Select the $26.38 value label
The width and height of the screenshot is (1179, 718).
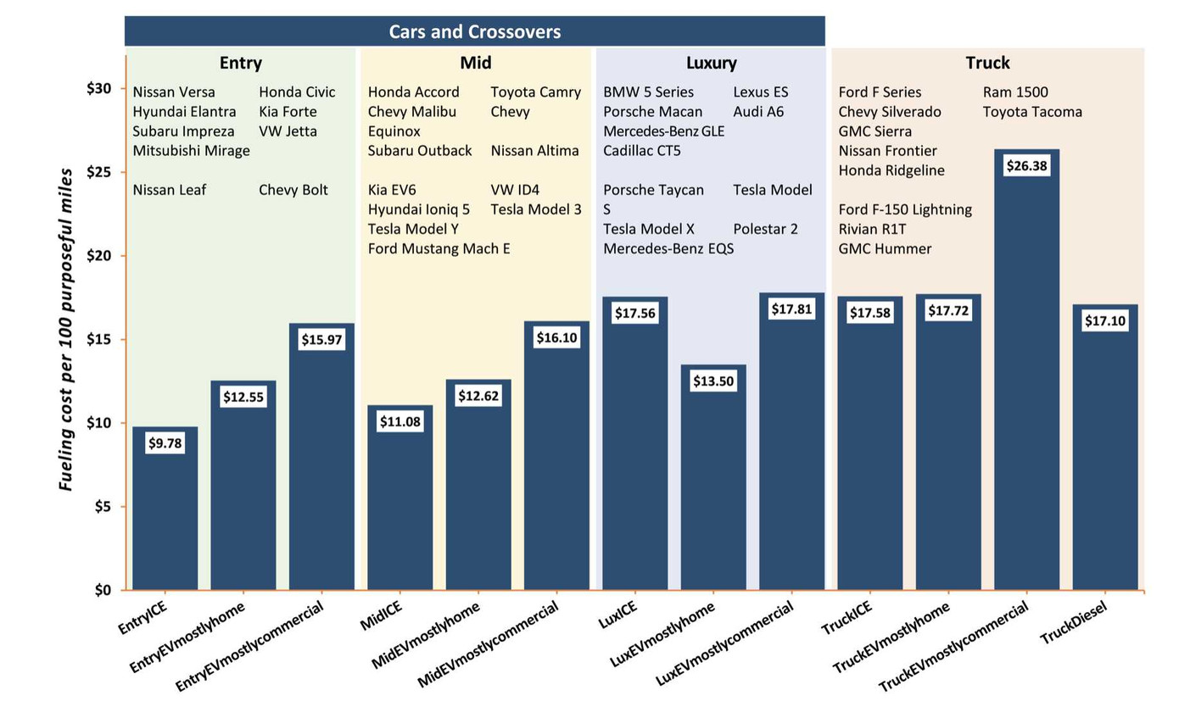pos(1027,166)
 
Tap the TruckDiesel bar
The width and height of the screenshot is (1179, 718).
pos(1105,458)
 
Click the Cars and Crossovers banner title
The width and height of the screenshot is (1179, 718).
pos(474,32)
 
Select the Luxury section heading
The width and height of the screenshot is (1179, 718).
pos(711,63)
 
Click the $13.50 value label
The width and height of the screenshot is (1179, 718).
pos(713,381)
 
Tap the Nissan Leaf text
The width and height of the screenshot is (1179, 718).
pos(170,190)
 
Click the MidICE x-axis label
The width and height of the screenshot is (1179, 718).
pos(382,615)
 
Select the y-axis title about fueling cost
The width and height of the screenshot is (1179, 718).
pos(66,329)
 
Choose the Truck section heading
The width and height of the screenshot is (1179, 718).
pos(987,63)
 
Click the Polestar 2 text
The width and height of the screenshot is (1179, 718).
pos(765,229)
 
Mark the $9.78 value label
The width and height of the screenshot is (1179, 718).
pos(165,442)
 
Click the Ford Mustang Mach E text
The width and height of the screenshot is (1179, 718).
pos(439,248)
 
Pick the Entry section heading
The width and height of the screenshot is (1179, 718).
pos(240,63)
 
